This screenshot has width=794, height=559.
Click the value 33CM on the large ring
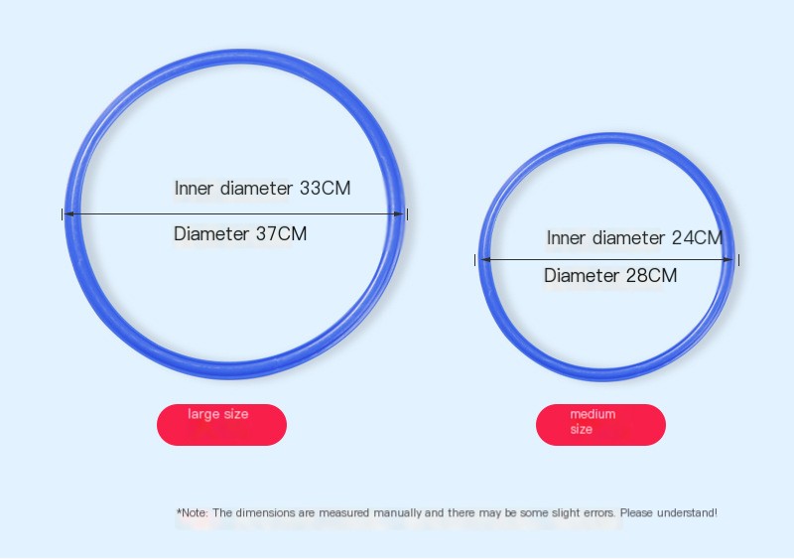(x=326, y=188)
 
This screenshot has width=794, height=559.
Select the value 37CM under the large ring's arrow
(x=281, y=233)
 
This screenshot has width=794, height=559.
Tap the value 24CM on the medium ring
(x=697, y=237)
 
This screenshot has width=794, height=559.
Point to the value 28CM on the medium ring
(x=651, y=276)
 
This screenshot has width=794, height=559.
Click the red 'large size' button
(x=221, y=425)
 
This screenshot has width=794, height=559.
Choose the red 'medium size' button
(x=600, y=425)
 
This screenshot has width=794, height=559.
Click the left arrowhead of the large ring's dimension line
(x=69, y=213)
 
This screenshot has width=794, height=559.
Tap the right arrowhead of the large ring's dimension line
(x=399, y=213)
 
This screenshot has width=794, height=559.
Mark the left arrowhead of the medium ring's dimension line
(x=485, y=259)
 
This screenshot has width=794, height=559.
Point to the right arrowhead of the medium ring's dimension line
(x=728, y=259)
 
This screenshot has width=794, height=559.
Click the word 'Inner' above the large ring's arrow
(x=194, y=188)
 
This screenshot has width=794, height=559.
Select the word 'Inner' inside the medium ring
(x=566, y=237)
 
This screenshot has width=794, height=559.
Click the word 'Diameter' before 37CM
(x=211, y=233)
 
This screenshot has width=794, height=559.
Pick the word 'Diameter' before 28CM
(x=582, y=276)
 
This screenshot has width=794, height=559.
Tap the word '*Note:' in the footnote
(x=193, y=513)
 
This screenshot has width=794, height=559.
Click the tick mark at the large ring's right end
(x=407, y=213)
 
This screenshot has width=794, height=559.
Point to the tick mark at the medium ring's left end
(x=475, y=260)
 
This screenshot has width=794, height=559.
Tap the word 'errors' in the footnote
(x=599, y=513)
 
